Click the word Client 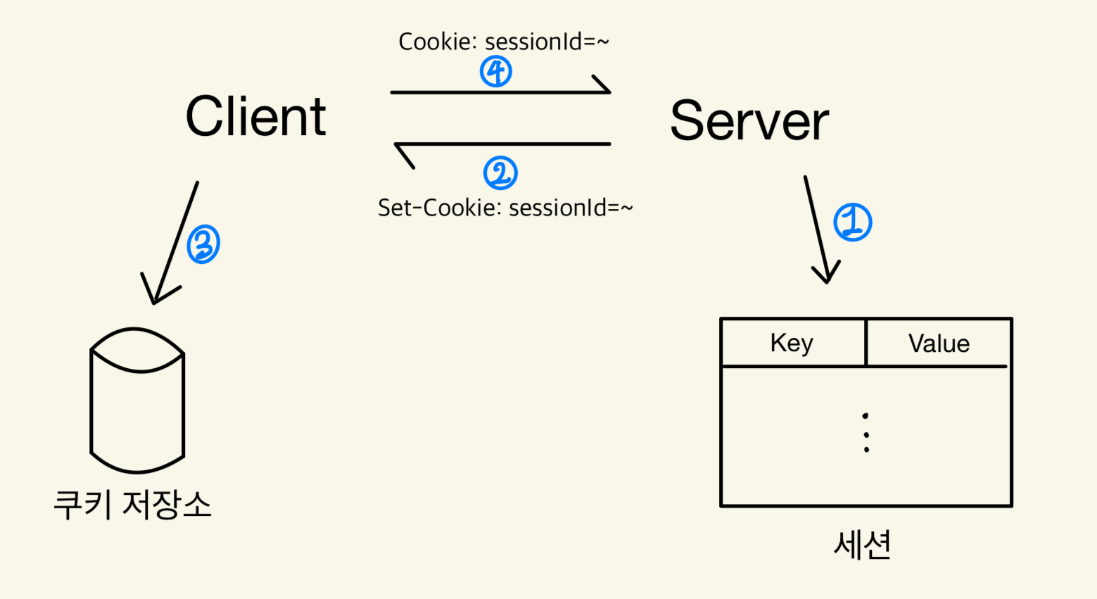click(x=255, y=117)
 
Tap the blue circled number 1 click(x=852, y=222)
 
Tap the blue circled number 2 click(x=500, y=173)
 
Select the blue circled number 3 click(x=203, y=244)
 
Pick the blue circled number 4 click(x=496, y=72)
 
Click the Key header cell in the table click(x=792, y=343)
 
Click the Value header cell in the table click(x=939, y=343)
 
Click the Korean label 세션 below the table click(x=863, y=544)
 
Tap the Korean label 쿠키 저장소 click(x=132, y=504)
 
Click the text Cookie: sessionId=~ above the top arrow click(x=503, y=42)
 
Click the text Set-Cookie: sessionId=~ click(x=505, y=208)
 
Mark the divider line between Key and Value click(x=865, y=343)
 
